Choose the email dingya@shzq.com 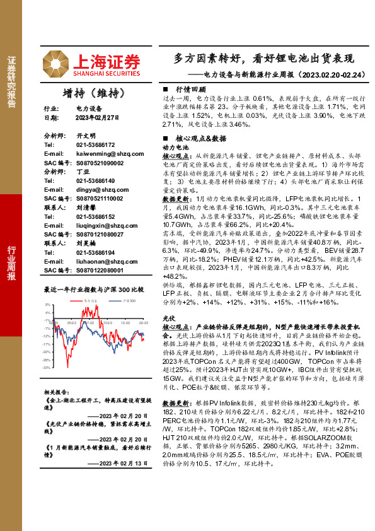96,189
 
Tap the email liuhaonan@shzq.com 99,260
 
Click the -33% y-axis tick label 47,367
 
